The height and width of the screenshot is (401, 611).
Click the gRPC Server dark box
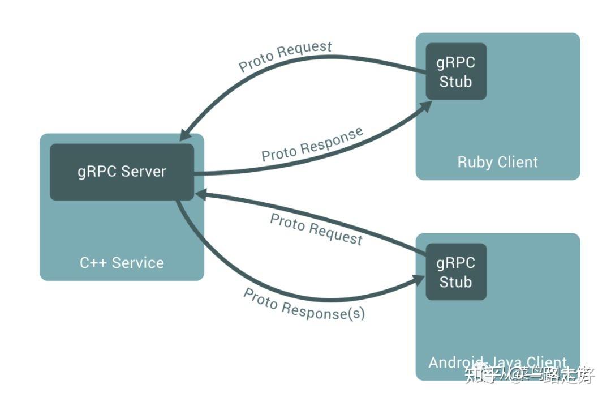[122, 172]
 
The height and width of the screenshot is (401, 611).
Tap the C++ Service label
[122, 263]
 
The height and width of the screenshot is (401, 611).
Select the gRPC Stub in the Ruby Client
[456, 72]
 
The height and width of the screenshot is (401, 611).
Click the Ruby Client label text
[497, 162]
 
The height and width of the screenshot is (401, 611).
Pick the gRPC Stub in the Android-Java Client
[456, 272]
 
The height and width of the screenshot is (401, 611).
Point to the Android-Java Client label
[497, 362]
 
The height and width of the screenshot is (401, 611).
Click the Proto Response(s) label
[304, 305]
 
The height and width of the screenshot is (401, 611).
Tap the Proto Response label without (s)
[312, 144]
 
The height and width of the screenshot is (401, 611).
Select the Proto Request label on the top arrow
[285, 56]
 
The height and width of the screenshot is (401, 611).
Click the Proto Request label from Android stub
[316, 229]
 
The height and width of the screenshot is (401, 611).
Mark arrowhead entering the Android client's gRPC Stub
[419, 279]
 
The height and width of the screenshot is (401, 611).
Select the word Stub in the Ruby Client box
[456, 82]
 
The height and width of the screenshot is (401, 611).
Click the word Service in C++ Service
[137, 263]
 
